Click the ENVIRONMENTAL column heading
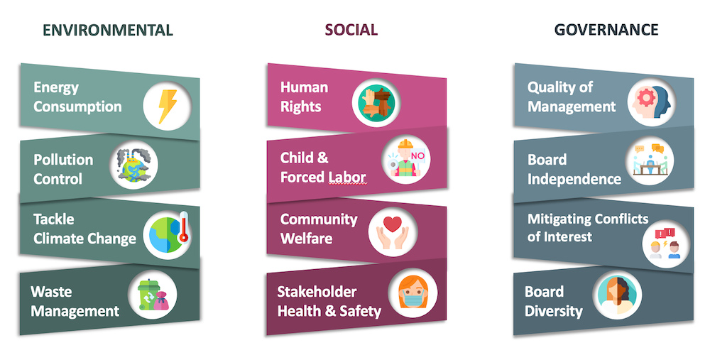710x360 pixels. pos(108,30)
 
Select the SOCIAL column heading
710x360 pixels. pos(351,30)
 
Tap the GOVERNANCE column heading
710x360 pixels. pos(606,30)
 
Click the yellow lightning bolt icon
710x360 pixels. pos(167,107)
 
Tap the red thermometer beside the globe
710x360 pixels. pos(183,228)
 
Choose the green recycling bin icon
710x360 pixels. pos(148,295)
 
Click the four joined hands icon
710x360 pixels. pos(376,103)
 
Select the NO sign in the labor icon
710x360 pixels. pos(417,156)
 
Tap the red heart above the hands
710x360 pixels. pos(392,224)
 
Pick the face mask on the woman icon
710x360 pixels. pos(413,298)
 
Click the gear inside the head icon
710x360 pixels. pos(645,97)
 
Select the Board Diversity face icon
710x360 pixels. pos(618,295)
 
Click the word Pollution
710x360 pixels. pos(63,160)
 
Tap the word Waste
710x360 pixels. pos(51,292)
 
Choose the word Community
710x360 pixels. pos(319,220)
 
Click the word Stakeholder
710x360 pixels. pos(317,292)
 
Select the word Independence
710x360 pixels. pos(574,180)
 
